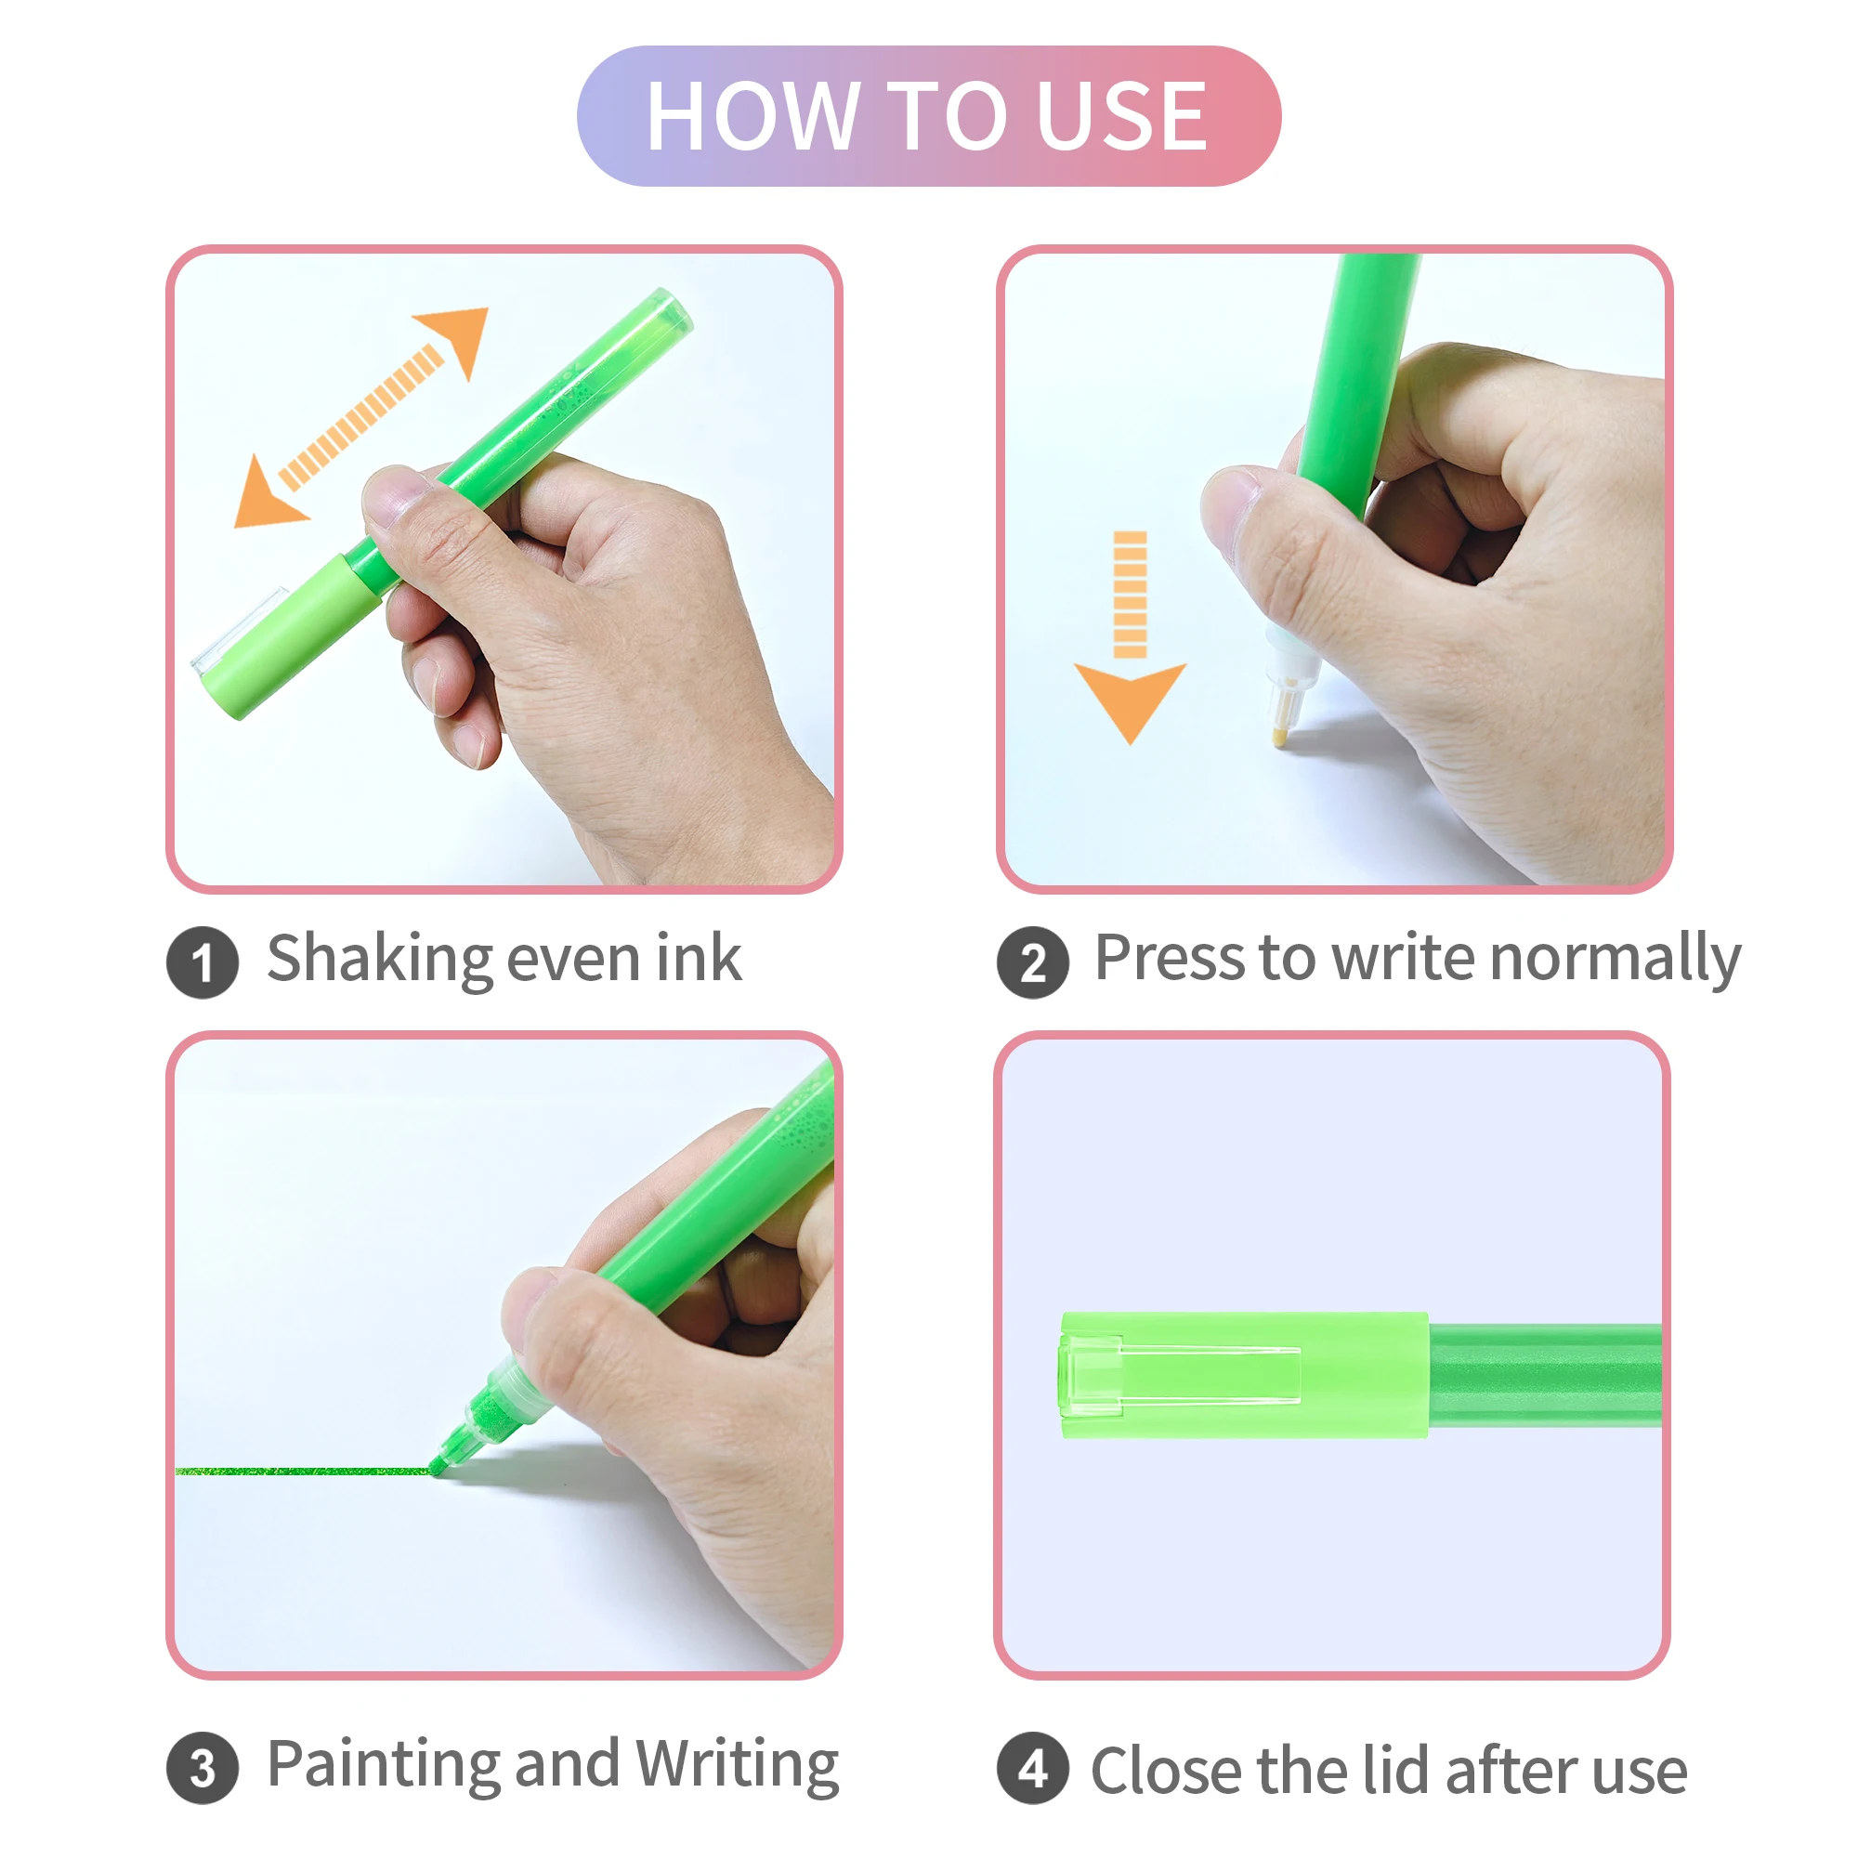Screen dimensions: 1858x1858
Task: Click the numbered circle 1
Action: (x=202, y=962)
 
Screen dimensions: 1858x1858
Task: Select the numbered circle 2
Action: (x=1033, y=962)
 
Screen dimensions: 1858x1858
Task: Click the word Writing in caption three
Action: (x=738, y=1766)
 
